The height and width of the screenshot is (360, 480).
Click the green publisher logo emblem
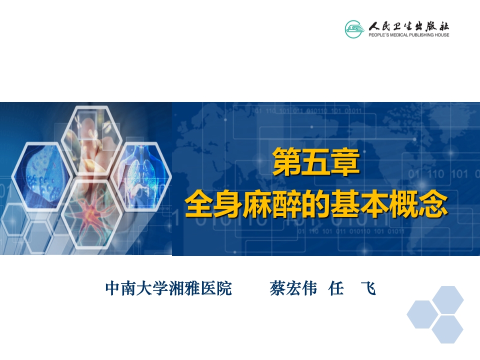coord(354,28)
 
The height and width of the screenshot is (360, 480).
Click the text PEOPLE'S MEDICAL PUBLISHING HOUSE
coord(408,35)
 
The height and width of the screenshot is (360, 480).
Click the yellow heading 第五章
coord(316,162)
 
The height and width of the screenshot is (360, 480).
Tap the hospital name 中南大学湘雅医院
coord(168,289)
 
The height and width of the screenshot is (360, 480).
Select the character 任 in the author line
coord(336,289)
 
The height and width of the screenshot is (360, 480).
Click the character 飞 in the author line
coord(368,289)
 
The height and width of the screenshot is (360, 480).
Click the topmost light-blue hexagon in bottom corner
coord(448,299)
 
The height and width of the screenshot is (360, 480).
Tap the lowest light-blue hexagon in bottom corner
coord(447,329)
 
